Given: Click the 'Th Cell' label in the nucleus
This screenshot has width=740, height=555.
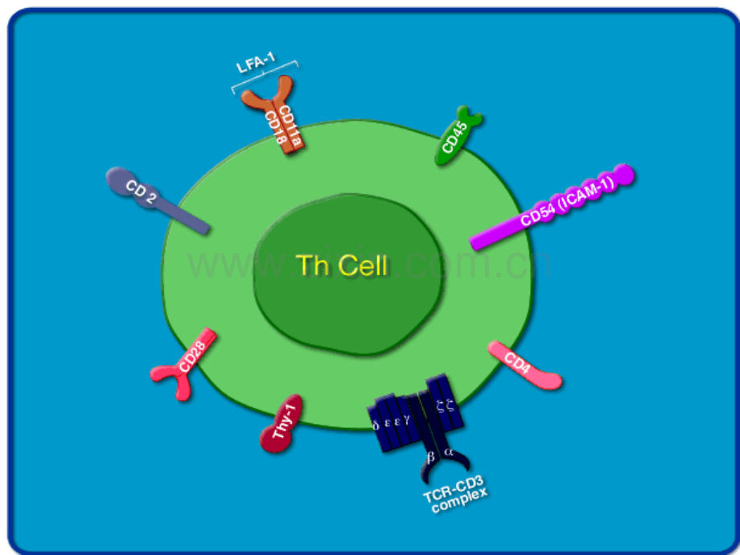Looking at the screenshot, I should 342,265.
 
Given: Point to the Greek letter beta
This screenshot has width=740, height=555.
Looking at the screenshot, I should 431,455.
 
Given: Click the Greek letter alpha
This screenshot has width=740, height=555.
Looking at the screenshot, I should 449,453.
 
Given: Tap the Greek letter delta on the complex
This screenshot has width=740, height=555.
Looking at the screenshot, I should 376,424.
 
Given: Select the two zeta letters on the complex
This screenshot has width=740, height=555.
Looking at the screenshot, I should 445,406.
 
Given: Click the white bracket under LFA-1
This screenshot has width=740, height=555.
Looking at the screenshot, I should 265,76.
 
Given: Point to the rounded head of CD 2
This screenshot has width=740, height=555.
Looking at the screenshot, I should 121,179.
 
